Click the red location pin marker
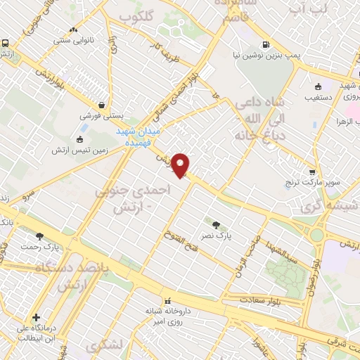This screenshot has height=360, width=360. tap(181, 165)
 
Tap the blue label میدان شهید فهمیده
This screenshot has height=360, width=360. tap(138, 136)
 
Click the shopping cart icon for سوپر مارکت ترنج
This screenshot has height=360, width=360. tap(312, 172)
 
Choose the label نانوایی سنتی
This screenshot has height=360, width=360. tap(74, 39)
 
